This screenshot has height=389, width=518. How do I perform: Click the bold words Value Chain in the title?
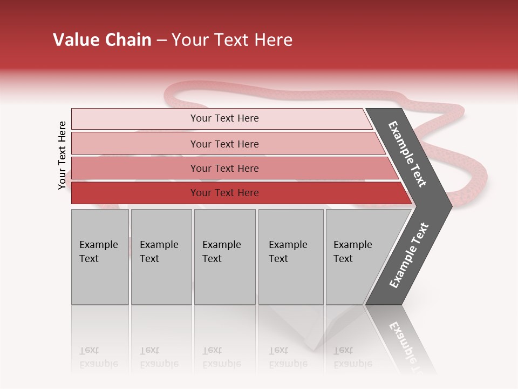pos(102,40)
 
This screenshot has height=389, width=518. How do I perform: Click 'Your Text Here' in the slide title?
pos(232,40)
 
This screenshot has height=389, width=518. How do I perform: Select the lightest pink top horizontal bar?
pos(135,119)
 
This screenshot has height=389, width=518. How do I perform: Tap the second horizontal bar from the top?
pos(135,144)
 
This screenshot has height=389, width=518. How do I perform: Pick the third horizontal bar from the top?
pos(135,168)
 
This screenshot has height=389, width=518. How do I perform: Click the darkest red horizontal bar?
pos(135,193)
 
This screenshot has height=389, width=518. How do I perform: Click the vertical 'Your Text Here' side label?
pos(62,155)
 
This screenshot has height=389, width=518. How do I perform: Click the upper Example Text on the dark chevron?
pos(407,154)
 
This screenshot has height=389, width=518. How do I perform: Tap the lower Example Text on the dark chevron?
pos(409,256)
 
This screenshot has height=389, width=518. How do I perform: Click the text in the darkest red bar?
pos(224,193)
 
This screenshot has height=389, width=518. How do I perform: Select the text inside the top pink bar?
pos(224,118)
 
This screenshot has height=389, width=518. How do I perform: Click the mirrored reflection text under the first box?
pos(98,357)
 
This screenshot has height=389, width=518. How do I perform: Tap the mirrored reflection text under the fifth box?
pos(352,357)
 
